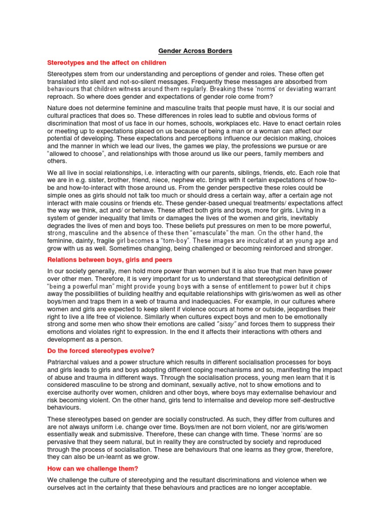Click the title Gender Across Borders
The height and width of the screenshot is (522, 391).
pos(195,51)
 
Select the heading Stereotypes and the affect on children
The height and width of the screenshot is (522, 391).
pos(106,63)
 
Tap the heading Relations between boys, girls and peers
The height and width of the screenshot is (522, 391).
pos(110,260)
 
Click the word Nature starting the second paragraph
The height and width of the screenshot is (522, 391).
pos(59,108)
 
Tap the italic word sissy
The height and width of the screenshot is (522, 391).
pos(227,324)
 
